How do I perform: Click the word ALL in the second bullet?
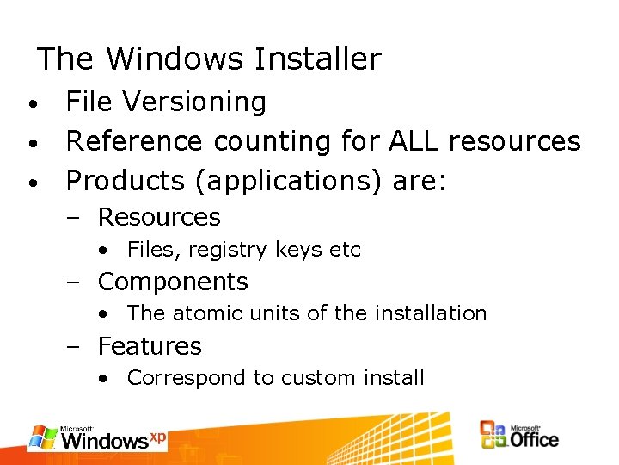[x=414, y=140]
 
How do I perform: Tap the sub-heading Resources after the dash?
[x=159, y=217]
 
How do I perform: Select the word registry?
[x=229, y=251]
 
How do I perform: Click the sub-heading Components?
[x=173, y=282]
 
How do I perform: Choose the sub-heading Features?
[x=150, y=346]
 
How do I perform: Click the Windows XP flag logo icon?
[x=42, y=437]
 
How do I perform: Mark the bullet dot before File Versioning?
[x=31, y=103]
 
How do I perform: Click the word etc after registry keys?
[x=345, y=251]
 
